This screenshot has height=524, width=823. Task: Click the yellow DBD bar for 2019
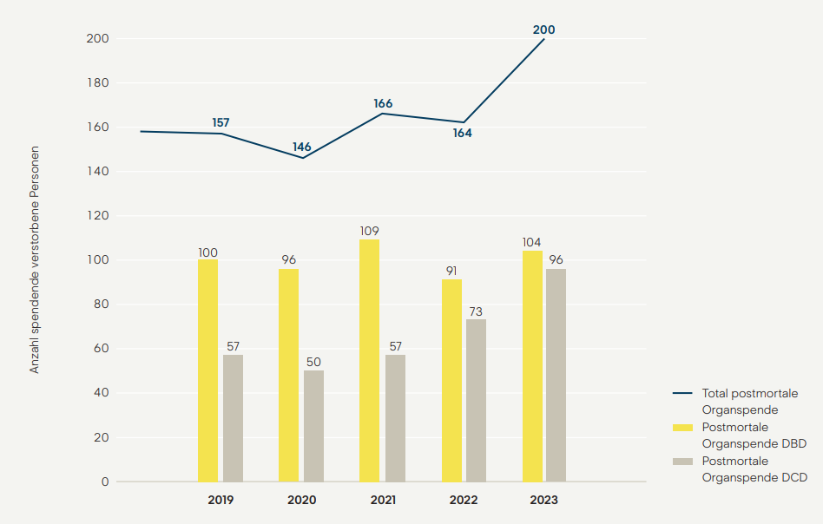(x=207, y=370)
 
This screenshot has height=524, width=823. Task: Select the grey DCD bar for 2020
(x=313, y=426)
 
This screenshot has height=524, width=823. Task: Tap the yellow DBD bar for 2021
(x=369, y=360)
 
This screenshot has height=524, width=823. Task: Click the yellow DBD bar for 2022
(x=451, y=380)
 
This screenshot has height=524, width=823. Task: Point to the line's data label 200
(x=543, y=29)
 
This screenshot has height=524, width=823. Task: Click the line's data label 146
(x=301, y=147)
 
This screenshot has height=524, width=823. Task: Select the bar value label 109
(x=369, y=231)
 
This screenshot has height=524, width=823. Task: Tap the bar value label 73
(x=476, y=311)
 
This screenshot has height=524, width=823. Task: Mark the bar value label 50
(x=313, y=362)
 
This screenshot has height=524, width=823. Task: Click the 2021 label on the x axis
(x=383, y=501)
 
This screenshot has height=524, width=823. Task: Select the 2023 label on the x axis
(x=543, y=501)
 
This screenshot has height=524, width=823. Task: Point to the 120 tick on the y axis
(x=98, y=216)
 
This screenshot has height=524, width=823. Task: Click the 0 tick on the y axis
(x=105, y=481)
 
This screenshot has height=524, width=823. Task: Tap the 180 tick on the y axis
(x=98, y=83)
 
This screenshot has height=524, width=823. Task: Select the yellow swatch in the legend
(x=683, y=427)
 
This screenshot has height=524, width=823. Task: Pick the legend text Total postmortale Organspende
(x=749, y=401)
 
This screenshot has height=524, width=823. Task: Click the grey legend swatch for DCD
(x=683, y=461)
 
